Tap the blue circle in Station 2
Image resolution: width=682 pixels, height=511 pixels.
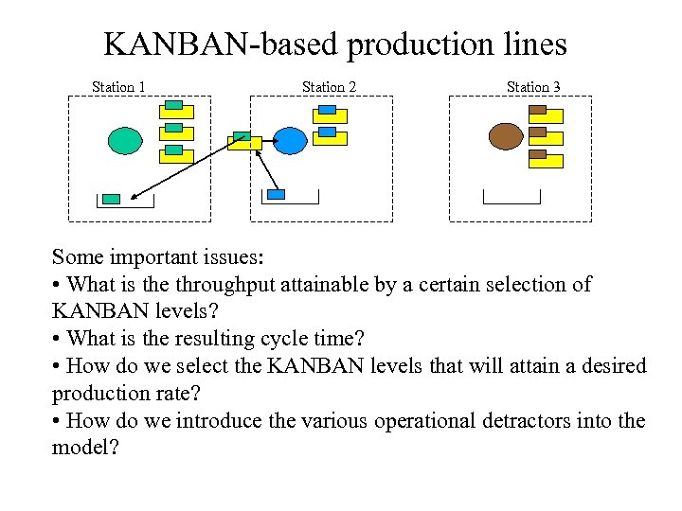tap(291, 140)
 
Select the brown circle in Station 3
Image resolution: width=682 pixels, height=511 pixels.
tap(505, 136)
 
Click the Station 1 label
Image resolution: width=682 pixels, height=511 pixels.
tap(118, 87)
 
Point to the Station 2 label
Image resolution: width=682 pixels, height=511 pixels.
tap(329, 87)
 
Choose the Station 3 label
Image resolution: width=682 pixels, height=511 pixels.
tap(533, 87)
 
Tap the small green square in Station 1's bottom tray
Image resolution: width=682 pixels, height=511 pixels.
tap(112, 199)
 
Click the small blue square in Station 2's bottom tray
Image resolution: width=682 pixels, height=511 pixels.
tap(277, 195)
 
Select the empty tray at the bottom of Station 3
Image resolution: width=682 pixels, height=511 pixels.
tap(511, 198)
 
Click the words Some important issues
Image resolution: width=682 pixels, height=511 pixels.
tap(159, 256)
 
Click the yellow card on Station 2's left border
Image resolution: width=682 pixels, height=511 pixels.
tap(244, 143)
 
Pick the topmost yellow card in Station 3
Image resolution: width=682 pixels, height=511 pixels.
tap(547, 115)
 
